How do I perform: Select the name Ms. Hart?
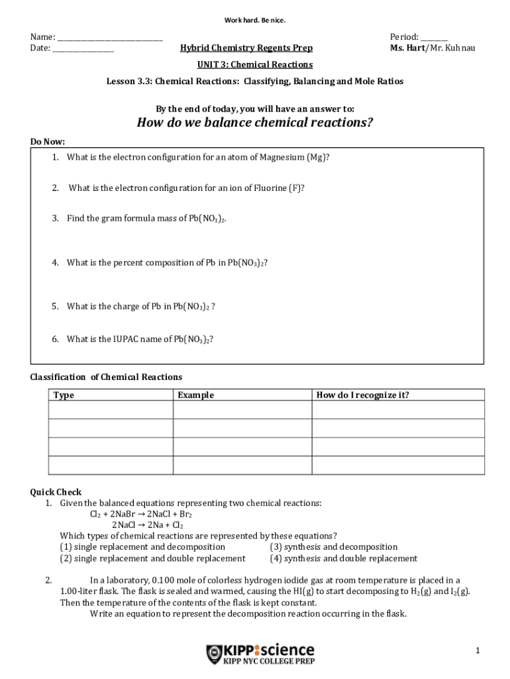click(x=407, y=48)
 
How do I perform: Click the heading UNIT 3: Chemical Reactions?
click(x=254, y=65)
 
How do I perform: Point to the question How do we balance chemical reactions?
click(x=254, y=123)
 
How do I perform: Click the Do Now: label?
click(x=48, y=142)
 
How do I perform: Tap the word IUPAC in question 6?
click(x=128, y=339)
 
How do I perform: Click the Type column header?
click(x=64, y=395)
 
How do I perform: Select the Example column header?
click(x=195, y=395)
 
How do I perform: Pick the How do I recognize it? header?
click(x=362, y=395)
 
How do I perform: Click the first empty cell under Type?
click(x=111, y=410)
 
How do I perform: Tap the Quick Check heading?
click(x=56, y=492)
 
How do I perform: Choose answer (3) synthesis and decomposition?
click(x=334, y=547)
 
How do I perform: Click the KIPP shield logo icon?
click(x=214, y=654)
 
